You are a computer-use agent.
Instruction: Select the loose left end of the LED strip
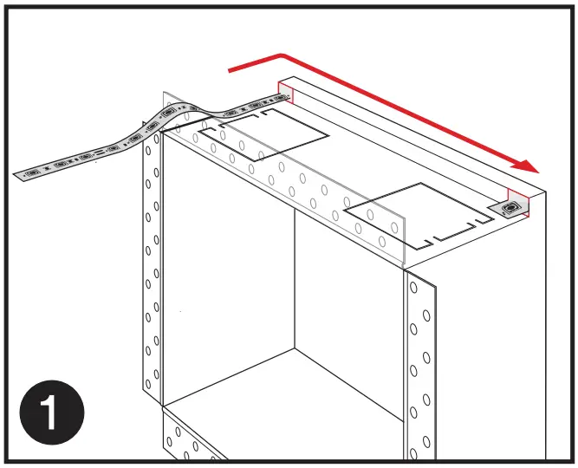point(19,175)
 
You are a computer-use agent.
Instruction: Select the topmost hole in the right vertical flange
point(413,287)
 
